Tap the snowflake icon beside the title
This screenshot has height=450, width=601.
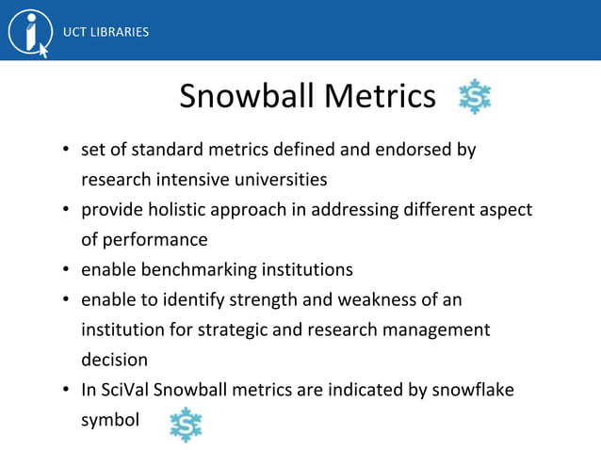click(474, 97)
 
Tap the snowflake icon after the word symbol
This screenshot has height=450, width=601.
click(186, 426)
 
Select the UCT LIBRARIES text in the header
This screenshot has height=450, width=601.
click(106, 32)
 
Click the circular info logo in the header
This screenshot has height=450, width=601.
click(29, 32)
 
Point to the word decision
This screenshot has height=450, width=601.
click(114, 360)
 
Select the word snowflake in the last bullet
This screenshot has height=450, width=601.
click(475, 390)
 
